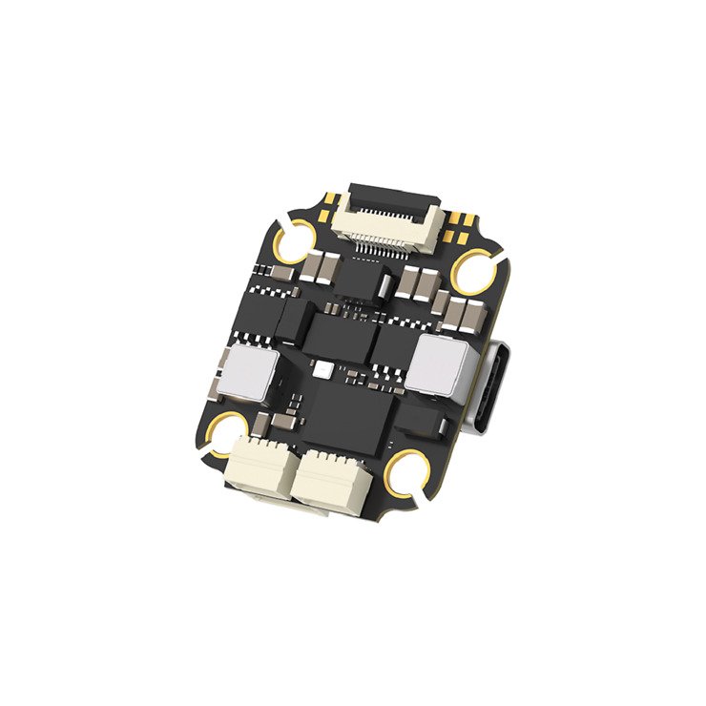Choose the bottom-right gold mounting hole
[410, 473]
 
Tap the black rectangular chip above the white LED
[335, 334]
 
